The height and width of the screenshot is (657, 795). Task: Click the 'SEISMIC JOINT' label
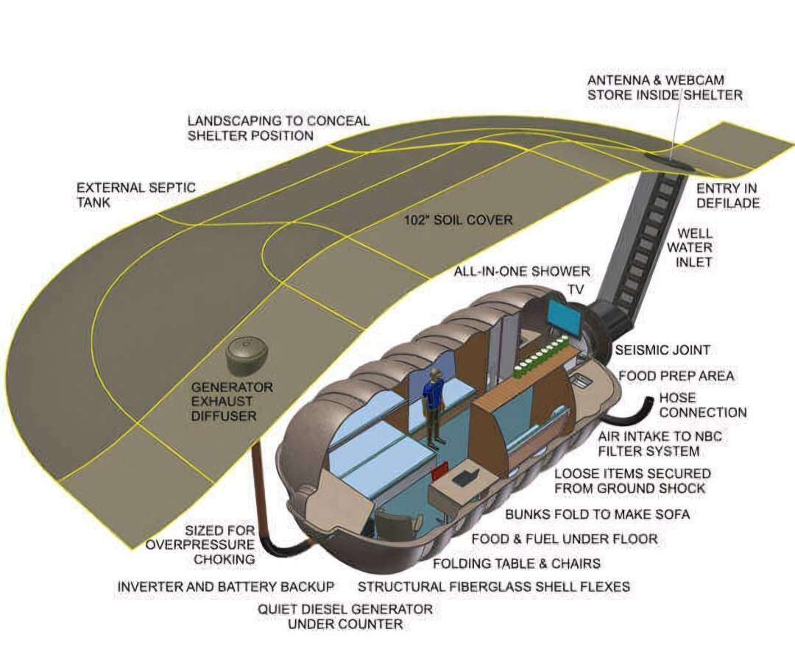[662, 350]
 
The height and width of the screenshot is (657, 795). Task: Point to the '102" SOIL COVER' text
[458, 220]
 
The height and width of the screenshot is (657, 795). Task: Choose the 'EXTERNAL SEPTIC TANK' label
[135, 194]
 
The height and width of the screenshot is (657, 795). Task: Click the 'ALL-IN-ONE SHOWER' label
[522, 271]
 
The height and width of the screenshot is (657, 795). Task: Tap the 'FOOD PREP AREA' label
[676, 376]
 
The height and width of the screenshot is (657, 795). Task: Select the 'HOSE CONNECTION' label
[702, 405]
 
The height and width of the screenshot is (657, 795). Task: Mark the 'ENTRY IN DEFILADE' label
[727, 196]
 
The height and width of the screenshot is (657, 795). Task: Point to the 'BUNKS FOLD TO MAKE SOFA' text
[597, 514]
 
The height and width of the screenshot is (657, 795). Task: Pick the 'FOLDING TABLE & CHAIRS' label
[516, 564]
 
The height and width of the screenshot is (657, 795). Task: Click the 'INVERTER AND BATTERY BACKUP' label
[226, 586]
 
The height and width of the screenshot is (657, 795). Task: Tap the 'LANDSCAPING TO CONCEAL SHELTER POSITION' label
[278, 128]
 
